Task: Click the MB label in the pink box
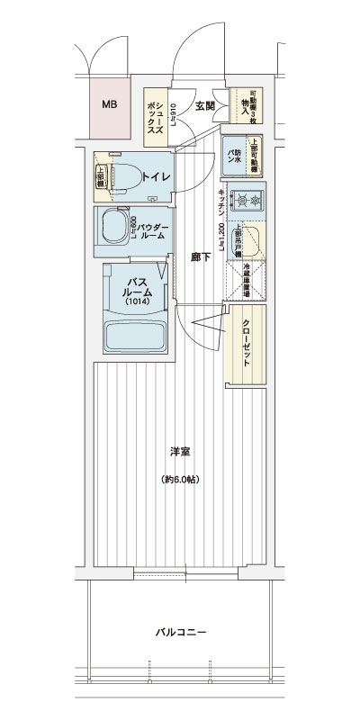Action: [109, 105]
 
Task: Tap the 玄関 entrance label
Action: [204, 106]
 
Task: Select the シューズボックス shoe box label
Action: [155, 118]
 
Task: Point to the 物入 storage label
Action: [244, 105]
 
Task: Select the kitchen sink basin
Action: [249, 240]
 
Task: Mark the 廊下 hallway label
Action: [201, 256]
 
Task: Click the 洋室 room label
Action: [180, 451]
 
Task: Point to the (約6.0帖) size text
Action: [180, 479]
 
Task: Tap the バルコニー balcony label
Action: [180, 633]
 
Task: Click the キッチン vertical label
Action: [220, 203]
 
